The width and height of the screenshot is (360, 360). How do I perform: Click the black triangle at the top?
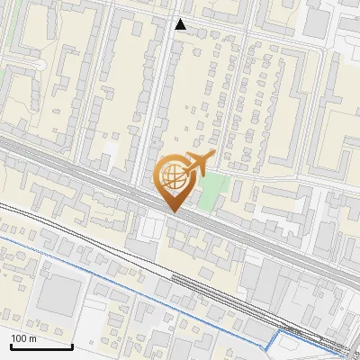(181, 24)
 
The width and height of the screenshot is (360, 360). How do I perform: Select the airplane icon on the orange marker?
(199, 164)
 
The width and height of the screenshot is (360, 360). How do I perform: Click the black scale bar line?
(41, 346)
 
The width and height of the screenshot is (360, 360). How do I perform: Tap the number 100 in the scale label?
(20, 338)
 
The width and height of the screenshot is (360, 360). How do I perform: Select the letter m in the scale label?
(32, 338)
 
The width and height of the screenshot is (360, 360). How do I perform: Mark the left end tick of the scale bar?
(11, 344)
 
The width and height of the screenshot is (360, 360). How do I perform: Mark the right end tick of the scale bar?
(72, 344)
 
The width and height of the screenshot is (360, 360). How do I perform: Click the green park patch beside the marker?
(212, 188)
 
